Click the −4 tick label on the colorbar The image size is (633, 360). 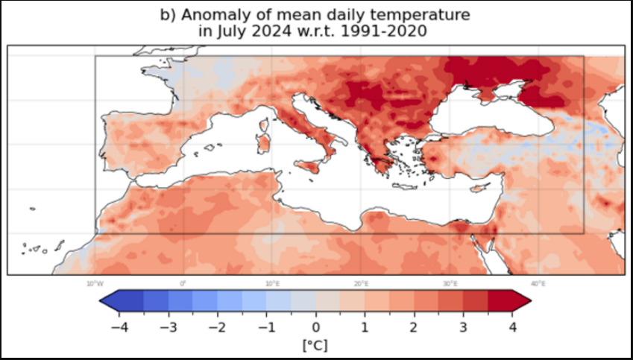116,326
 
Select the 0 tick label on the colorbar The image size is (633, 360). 315,326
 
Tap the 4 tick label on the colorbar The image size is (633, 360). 514,326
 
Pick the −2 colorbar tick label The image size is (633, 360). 215,326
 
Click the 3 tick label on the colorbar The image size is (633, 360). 464,326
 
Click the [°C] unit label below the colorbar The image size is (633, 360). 315,345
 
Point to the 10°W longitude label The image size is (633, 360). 95,283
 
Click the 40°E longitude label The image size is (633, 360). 538,283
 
